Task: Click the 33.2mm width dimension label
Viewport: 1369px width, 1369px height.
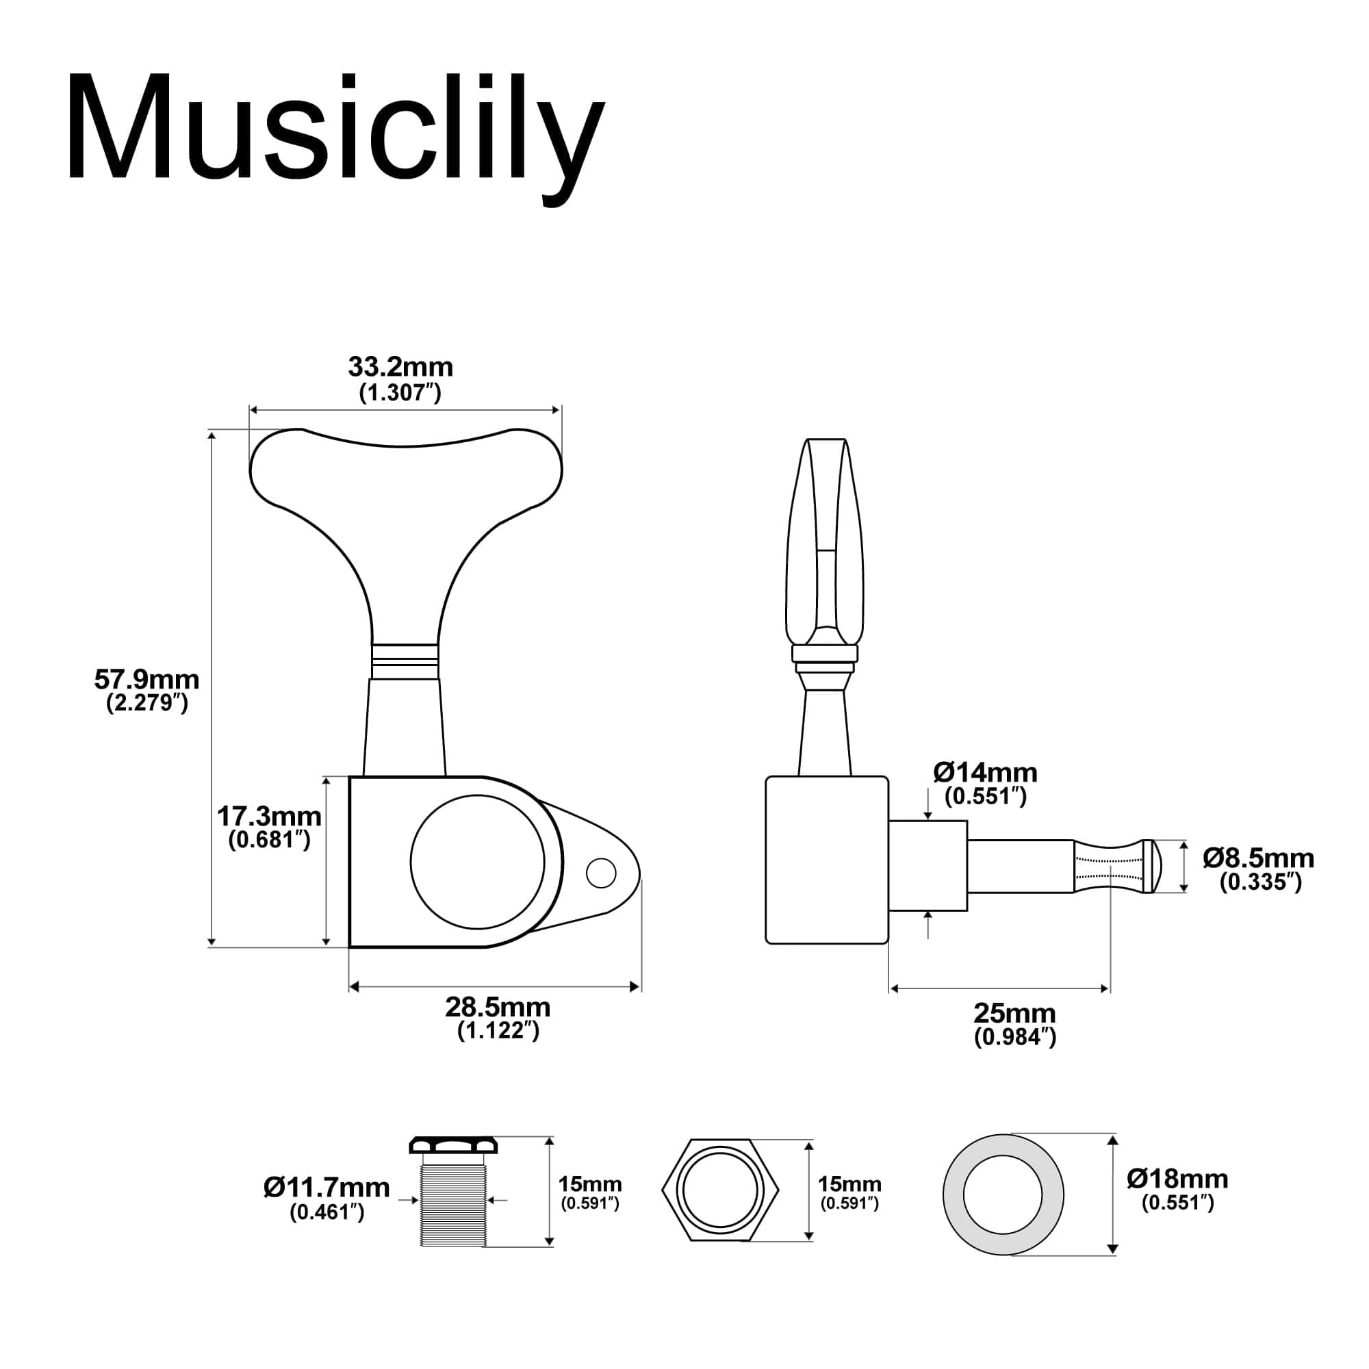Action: pos(400,367)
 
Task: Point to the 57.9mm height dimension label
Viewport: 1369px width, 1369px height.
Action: pos(146,680)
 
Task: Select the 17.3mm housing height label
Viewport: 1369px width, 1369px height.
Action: pos(269,817)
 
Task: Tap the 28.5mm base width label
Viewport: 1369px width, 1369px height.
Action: pos(498,1007)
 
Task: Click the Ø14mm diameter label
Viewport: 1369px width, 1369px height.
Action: pos(985,771)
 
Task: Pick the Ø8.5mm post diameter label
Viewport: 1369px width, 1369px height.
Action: pos(1259,858)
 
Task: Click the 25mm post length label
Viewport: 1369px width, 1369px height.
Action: pos(1014,1013)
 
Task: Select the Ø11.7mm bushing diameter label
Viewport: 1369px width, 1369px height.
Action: pos(327,1187)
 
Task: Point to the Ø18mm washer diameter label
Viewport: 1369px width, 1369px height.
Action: pos(1177,1179)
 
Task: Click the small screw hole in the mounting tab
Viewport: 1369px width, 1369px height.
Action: pos(602,873)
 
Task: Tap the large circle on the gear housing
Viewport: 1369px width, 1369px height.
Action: pos(478,862)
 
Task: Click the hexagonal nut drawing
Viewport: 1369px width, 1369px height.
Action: pos(720,1191)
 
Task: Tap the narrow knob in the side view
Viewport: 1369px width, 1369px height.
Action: pos(826,546)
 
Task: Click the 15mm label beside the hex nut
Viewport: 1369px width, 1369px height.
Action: pos(849,1184)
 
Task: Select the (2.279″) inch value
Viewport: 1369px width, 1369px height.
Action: pos(147,704)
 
